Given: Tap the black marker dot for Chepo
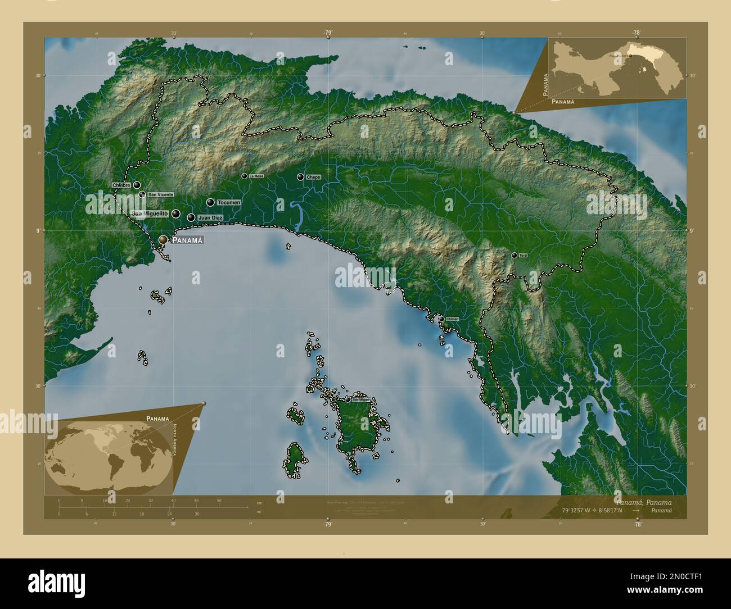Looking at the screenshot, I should pos(300,177).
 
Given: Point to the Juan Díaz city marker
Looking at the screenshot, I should pos(191,217).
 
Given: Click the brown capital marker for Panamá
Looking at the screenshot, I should pos(163,239).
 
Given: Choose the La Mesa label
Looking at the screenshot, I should pos(256,176).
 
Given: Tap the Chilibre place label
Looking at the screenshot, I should pos(121,185).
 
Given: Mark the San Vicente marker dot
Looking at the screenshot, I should pos(143,194).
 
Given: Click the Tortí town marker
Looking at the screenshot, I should pos(514,255).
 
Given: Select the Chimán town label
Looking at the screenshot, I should pos(453,319).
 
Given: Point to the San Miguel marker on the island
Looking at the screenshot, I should pos(348,399).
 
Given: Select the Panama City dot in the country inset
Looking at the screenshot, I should pos(630,56).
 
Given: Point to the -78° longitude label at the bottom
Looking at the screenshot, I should pos(637,524).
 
